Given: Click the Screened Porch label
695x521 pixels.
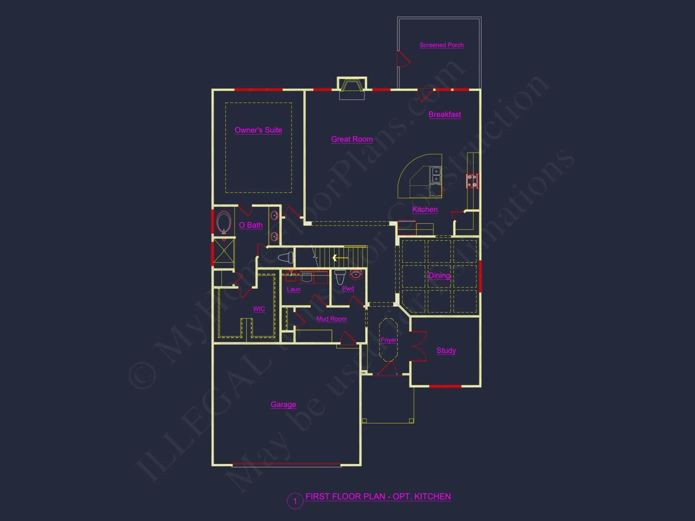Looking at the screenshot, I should point(441,45).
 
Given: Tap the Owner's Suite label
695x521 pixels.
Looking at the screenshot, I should point(258,130).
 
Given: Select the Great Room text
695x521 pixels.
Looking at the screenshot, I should point(352,139).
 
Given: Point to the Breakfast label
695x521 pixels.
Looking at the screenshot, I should point(444,114).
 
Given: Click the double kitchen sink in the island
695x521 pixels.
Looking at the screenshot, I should point(436,175).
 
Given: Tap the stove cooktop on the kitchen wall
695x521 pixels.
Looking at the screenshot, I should point(472,181).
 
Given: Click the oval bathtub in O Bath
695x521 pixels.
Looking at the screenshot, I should point(224,222).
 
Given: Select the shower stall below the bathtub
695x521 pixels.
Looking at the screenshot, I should point(224,250).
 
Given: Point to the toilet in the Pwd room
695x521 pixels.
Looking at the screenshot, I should point(340,277).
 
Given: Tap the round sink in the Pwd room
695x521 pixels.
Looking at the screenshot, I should point(355,275).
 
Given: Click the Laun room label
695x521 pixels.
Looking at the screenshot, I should point(293,289).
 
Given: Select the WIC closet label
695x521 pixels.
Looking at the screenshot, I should point(259,308).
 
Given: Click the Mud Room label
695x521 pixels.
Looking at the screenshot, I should point(331,319).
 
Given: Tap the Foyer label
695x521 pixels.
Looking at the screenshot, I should point(388,340).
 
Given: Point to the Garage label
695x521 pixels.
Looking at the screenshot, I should point(283,404).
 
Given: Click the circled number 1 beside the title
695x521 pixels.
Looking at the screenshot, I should point(295,501).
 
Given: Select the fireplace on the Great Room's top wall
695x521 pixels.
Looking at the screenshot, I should point(352,85).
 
